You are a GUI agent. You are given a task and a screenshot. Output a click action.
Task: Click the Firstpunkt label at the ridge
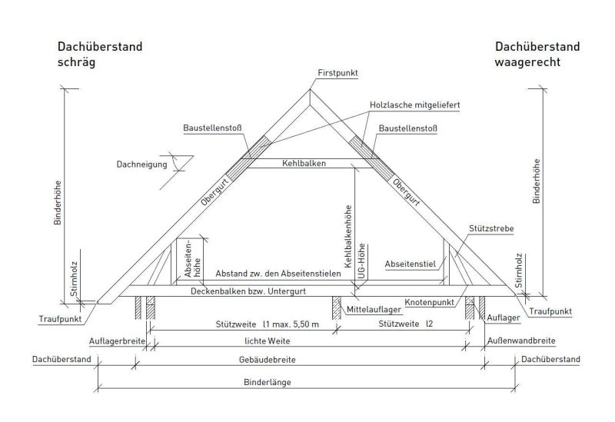click(337, 73)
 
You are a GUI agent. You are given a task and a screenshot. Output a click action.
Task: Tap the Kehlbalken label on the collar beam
click(304, 163)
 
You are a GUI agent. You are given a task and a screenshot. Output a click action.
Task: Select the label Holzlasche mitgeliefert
click(414, 105)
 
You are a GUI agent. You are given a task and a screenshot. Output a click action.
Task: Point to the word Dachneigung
click(141, 164)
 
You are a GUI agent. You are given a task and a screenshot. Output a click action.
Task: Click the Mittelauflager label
click(374, 310)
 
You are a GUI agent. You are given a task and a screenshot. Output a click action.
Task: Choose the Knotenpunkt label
click(430, 302)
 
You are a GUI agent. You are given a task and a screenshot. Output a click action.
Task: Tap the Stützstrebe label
click(491, 228)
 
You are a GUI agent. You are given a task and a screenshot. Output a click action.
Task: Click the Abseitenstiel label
click(411, 264)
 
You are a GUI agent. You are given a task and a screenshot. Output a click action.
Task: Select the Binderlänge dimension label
click(267, 382)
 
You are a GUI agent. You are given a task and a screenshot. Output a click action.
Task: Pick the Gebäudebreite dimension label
click(267, 360)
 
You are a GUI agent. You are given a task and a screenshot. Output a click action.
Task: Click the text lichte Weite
click(267, 341)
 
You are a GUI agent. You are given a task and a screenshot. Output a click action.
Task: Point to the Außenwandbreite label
click(521, 341)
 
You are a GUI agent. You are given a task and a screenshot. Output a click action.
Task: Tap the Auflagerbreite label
click(117, 341)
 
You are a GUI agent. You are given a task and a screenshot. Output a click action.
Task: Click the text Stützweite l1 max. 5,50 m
click(267, 324)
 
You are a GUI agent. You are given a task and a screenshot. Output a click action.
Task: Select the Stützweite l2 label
click(406, 324)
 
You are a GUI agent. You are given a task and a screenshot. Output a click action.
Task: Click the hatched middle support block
click(337, 307)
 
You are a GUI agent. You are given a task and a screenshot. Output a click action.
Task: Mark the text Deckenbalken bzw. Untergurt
click(248, 291)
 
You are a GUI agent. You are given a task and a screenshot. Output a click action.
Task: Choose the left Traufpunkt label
click(61, 319)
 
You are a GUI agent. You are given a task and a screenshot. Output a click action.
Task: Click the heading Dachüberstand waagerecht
click(537, 54)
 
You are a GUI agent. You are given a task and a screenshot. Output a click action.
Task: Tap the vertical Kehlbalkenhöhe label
click(348, 237)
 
